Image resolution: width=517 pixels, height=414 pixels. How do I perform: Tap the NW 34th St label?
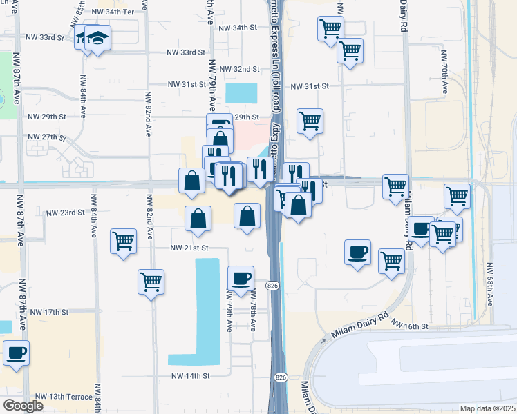click(237, 28)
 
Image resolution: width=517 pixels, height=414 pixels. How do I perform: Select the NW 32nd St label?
click(238, 70)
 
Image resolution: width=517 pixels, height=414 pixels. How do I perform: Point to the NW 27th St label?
click(48, 137)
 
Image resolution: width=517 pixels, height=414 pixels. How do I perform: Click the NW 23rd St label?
click(65, 213)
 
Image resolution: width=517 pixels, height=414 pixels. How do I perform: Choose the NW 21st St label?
click(189, 248)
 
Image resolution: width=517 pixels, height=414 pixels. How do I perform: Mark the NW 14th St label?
click(190, 376)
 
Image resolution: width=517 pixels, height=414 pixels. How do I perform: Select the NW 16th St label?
click(410, 324)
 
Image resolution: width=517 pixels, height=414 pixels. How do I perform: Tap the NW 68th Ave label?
click(491, 284)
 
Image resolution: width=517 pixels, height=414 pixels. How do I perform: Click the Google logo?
click(23, 406)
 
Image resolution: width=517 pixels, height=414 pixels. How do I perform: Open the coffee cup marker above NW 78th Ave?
click(241, 278)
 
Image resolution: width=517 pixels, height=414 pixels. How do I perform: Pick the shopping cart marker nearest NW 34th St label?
click(330, 29)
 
